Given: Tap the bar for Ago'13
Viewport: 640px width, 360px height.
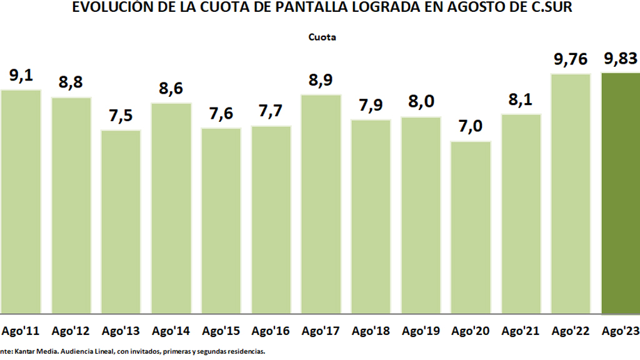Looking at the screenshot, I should [x=121, y=221].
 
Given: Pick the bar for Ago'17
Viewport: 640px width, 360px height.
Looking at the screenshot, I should [x=321, y=204].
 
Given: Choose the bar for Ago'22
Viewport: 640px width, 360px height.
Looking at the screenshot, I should [x=571, y=193].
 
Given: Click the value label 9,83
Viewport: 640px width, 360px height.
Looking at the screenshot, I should [x=620, y=59].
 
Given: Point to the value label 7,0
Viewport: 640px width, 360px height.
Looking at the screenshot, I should [x=471, y=126].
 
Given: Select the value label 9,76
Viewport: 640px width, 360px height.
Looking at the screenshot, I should [x=570, y=59].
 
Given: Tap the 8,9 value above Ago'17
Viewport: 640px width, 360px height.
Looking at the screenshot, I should [x=321, y=80].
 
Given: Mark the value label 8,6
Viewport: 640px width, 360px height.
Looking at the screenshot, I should [x=171, y=88].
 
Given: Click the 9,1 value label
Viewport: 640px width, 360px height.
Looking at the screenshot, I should [x=21, y=76].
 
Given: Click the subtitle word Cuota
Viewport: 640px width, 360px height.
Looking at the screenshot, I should [x=322, y=37].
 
